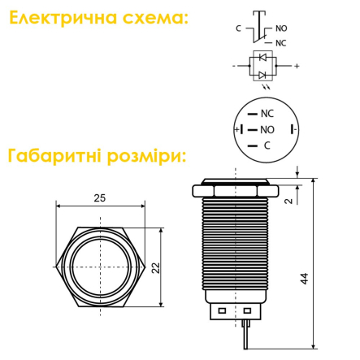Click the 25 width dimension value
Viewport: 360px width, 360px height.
point(100,198)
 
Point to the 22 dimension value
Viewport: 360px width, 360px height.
point(156,268)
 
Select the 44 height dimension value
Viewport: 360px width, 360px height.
point(305,279)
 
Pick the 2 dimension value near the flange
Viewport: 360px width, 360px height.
point(289,201)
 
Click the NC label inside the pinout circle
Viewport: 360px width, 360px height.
point(267,114)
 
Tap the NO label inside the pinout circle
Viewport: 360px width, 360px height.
point(267,130)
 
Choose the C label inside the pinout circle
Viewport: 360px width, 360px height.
point(267,145)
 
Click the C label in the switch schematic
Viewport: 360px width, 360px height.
point(238,28)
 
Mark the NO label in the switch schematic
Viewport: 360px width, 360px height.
point(281,28)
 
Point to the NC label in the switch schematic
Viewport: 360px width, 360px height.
point(281,43)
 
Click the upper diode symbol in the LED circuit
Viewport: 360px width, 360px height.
point(262,57)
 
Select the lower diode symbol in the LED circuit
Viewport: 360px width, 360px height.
point(262,75)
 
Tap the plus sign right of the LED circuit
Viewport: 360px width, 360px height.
point(297,66)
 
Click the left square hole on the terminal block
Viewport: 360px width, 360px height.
point(222,310)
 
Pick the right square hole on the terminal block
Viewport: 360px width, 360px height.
point(247,310)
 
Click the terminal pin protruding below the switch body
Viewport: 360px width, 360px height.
point(245,335)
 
